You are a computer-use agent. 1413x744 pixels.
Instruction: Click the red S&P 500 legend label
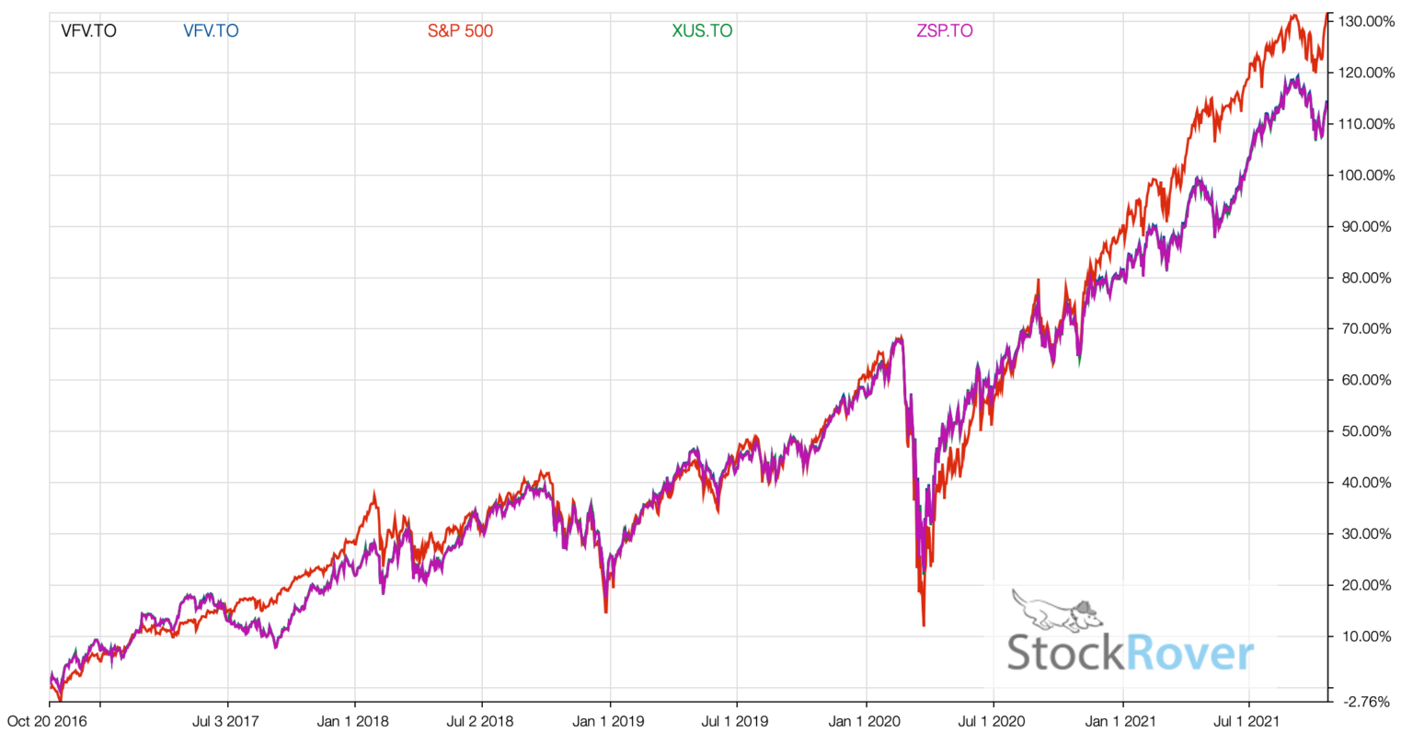(x=460, y=30)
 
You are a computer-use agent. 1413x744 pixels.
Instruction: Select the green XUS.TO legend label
(x=702, y=30)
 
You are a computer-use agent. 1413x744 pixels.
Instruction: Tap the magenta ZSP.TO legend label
(x=944, y=30)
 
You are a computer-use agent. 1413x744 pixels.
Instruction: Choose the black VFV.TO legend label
(x=88, y=30)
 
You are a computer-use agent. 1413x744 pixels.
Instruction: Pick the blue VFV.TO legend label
(x=211, y=30)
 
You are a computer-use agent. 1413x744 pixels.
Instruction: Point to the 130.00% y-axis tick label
(x=1366, y=21)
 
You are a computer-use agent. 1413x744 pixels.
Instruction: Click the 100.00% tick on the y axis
(x=1366, y=175)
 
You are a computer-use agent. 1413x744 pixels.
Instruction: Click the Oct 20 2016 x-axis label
(x=47, y=721)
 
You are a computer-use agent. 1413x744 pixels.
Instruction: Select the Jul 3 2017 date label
(x=226, y=721)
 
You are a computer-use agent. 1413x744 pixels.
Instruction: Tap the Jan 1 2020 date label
(x=865, y=721)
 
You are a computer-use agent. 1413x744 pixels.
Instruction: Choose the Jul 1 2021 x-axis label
(x=1247, y=721)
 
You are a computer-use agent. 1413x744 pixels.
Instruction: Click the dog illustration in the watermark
(x=1056, y=609)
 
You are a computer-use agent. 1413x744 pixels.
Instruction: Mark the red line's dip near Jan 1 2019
(x=605, y=611)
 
